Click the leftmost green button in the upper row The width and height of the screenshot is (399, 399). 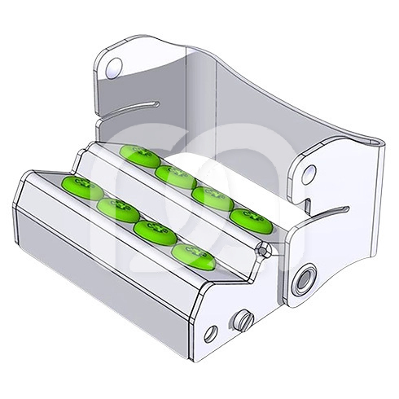pyautogui.click(x=134, y=156)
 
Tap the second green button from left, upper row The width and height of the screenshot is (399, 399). pyautogui.click(x=172, y=174)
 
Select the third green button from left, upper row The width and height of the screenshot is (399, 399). pyautogui.click(x=209, y=197)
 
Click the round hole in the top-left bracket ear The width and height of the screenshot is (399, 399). pyautogui.click(x=115, y=68)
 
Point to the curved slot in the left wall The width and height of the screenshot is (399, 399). pyautogui.click(x=130, y=108)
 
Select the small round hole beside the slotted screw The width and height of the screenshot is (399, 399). pyautogui.click(x=211, y=332)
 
